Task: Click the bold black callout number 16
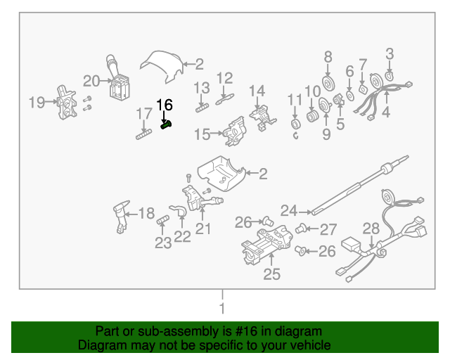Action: point(164,105)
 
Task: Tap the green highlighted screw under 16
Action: point(167,125)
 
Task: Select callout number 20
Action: point(92,81)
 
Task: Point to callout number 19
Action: point(37,103)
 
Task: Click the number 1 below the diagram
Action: point(222,309)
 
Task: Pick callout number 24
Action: point(288,210)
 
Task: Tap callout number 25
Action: point(271,274)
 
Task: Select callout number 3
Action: point(389,53)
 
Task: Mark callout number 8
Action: point(328,57)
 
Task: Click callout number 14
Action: point(257,91)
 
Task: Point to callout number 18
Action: point(146,214)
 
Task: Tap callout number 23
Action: point(163,243)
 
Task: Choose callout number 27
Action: point(329,229)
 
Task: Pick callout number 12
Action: point(224,78)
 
